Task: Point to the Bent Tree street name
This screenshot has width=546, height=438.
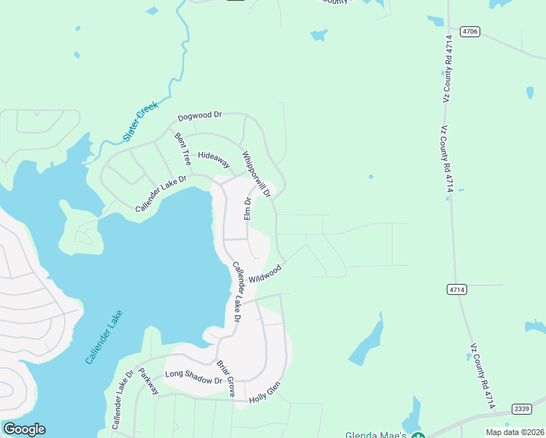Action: (x=182, y=148)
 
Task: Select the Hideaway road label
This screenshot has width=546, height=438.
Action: (x=214, y=160)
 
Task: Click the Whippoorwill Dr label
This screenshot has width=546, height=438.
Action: (x=255, y=174)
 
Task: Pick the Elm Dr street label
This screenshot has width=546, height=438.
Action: (x=247, y=210)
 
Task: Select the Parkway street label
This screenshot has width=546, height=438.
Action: (x=148, y=381)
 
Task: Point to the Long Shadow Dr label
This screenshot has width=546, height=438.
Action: (x=193, y=377)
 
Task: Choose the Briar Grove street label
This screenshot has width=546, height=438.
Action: (x=226, y=379)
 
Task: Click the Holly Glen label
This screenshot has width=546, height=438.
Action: (x=264, y=395)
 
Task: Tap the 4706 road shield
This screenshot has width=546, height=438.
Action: (x=470, y=31)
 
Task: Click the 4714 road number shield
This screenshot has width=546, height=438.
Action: (x=458, y=290)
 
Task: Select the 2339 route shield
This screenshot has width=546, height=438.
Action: (x=521, y=408)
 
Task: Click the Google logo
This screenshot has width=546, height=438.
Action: (x=24, y=429)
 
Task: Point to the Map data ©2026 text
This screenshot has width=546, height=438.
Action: (x=515, y=432)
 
